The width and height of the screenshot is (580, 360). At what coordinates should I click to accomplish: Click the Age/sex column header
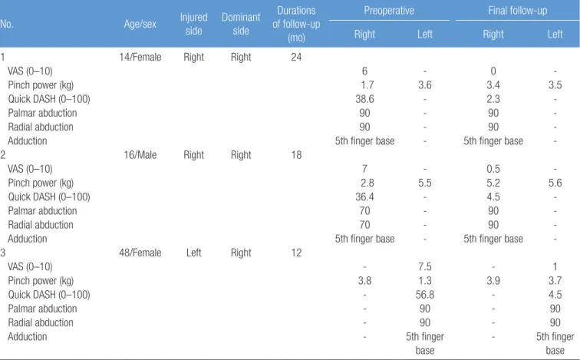pos(140,24)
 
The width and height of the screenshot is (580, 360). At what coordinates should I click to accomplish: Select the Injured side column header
pos(194,24)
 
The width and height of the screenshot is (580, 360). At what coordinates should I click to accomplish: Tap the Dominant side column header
pos(241,24)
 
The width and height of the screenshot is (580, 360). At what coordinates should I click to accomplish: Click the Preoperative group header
pos(389,10)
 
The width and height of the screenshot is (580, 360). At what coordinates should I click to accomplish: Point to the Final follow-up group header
pos(518,10)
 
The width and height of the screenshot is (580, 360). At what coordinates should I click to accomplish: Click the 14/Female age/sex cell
pos(140,57)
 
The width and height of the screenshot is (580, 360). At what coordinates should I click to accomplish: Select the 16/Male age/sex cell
pos(140,154)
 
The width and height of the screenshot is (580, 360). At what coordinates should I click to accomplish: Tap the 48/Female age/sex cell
pos(140,253)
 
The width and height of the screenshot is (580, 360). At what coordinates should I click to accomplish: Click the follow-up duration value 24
pos(296,57)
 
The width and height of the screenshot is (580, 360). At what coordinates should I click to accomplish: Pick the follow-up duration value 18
pos(296,154)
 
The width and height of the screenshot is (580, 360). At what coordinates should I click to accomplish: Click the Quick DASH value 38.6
pos(364,99)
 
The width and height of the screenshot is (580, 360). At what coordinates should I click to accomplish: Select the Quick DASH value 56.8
pos(425,295)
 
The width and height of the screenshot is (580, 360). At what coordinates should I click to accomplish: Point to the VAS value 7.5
pos(425,266)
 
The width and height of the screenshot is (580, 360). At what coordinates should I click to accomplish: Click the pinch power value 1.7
pos(367,85)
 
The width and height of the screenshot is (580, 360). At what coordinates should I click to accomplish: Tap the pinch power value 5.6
pos(555,183)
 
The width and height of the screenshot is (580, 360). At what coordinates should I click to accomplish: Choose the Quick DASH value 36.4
pos(364,197)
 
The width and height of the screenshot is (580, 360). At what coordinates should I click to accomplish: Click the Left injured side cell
pos(194,253)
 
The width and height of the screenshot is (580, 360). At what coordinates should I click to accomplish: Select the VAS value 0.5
pos(493,169)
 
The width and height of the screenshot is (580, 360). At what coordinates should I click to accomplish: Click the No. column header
pos(6,24)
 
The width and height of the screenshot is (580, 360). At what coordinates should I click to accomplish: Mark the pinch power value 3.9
pos(493,280)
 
